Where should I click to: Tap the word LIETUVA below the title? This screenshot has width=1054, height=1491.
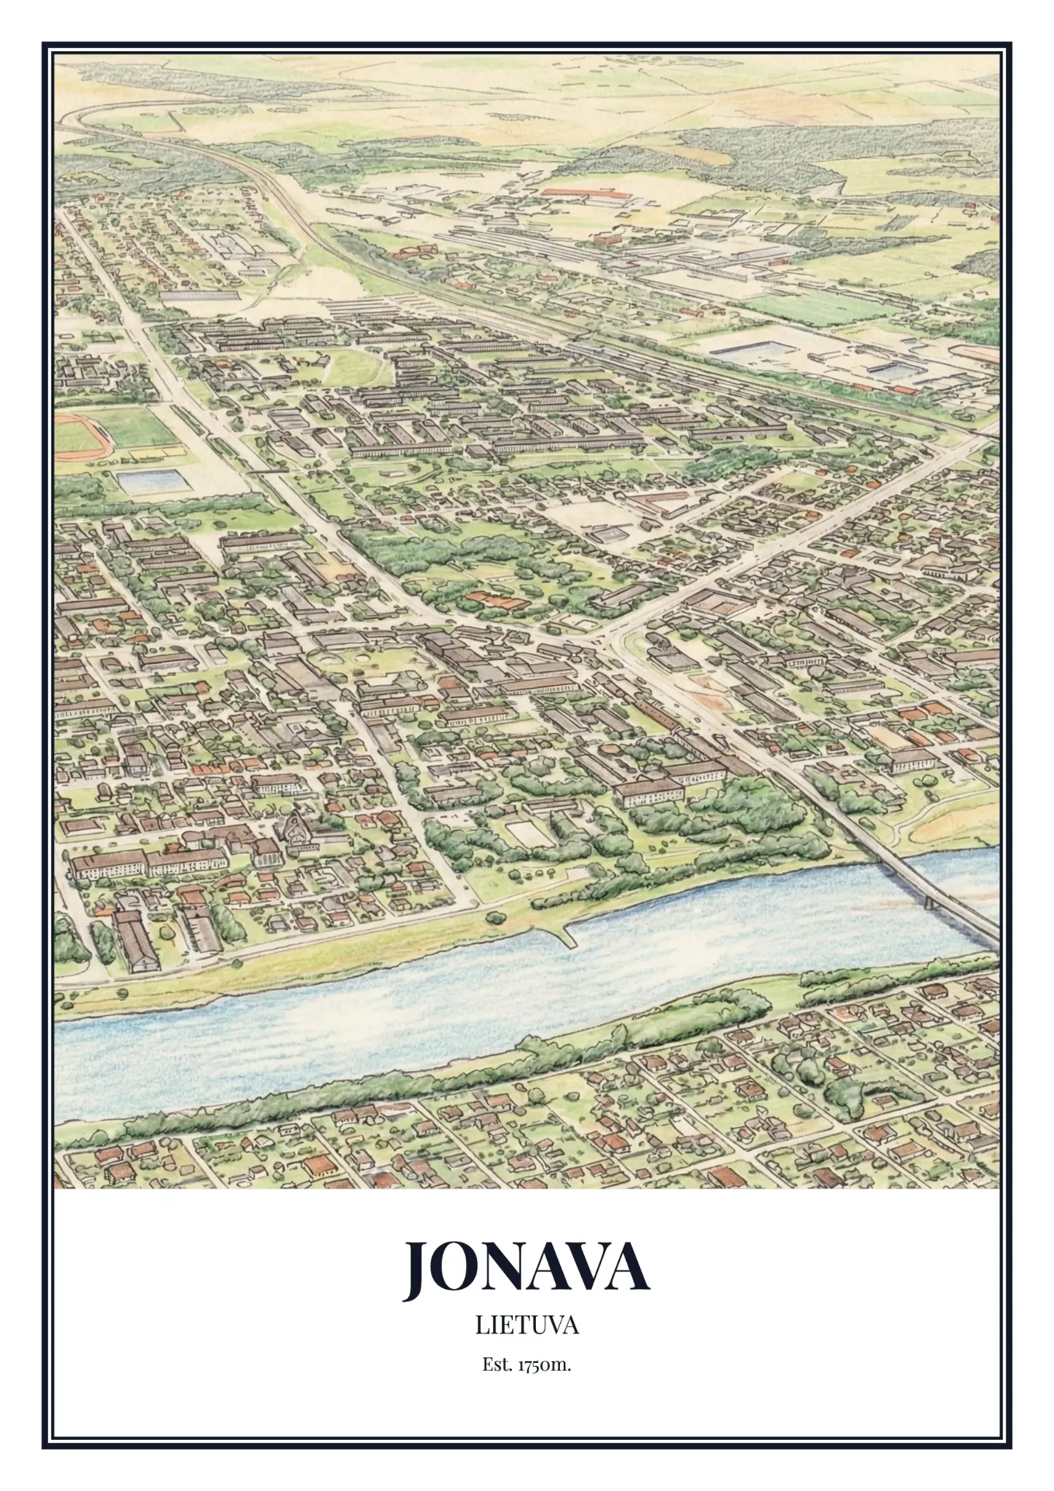click(527, 1326)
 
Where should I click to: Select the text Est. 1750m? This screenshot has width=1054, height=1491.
click(527, 1364)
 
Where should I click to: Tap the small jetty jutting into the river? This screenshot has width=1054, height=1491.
click(566, 935)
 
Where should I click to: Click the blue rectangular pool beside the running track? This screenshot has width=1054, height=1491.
click(153, 481)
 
